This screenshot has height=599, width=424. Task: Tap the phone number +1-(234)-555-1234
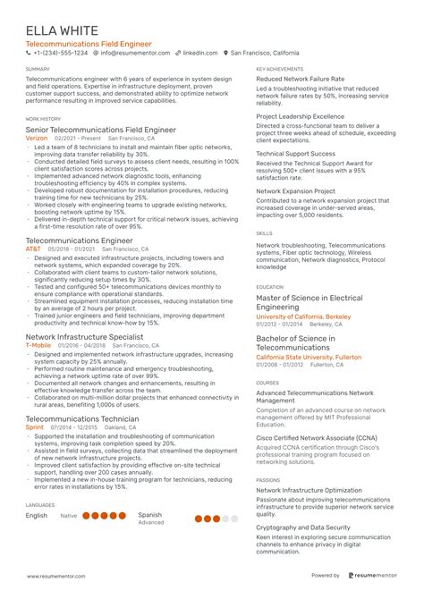(x=59, y=53)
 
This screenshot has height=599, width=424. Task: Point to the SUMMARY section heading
(x=38, y=68)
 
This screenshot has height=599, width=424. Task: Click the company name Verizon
(x=38, y=139)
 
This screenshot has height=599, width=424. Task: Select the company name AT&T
(x=34, y=248)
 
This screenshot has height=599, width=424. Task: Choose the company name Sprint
(x=34, y=427)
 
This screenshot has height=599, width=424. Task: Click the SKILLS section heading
(x=264, y=232)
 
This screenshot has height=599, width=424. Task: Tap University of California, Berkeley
(x=302, y=316)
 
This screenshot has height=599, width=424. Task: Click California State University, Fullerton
(x=309, y=356)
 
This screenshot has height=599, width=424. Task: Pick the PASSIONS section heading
(x=268, y=479)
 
